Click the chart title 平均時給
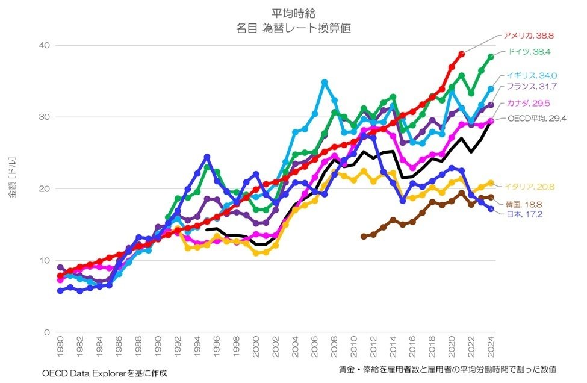293,12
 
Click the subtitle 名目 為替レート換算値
294,27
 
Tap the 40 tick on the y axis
45,45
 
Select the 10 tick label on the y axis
45,260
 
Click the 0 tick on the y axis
47,332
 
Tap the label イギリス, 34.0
532,76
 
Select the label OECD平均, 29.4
536,119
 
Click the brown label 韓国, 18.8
520,204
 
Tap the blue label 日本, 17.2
518,214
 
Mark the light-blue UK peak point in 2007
325,82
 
